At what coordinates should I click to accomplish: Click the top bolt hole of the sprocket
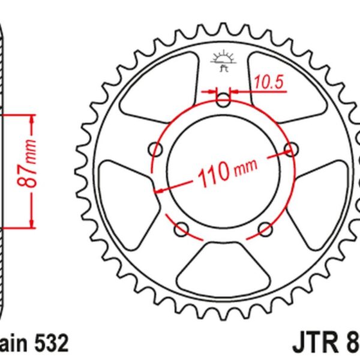[224, 100]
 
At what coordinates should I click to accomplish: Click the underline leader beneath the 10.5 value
[270, 92]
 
